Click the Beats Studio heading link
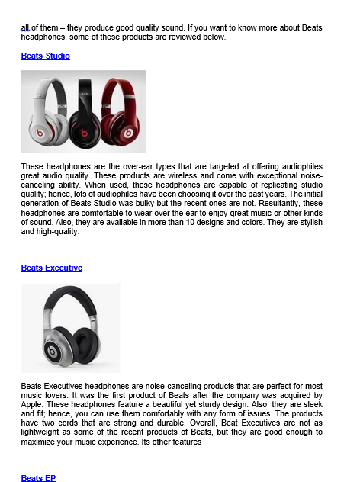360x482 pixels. click(46, 56)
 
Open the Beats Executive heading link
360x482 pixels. click(52, 268)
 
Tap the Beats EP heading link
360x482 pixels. click(38, 477)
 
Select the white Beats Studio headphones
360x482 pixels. click(47, 112)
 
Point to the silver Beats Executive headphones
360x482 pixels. click(70, 328)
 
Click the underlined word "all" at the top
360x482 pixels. click(25, 27)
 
